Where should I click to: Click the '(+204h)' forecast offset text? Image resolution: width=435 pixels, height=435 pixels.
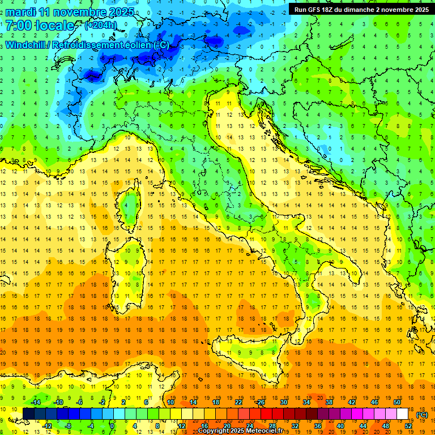101,25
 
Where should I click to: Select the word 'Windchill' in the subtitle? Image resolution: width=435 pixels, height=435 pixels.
24,45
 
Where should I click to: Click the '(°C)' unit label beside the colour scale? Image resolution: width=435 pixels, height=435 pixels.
421,414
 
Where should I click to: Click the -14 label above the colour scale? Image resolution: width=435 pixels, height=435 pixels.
35,402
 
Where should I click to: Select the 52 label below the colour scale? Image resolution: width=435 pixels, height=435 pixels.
408,425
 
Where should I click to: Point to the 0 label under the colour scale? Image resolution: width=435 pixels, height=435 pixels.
112,425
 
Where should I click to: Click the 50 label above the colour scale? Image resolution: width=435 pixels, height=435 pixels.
396,402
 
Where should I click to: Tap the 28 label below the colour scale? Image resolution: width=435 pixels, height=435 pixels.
272,425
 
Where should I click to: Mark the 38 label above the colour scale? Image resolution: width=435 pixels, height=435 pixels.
329,402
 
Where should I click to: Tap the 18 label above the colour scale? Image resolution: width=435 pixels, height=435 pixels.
215,402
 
